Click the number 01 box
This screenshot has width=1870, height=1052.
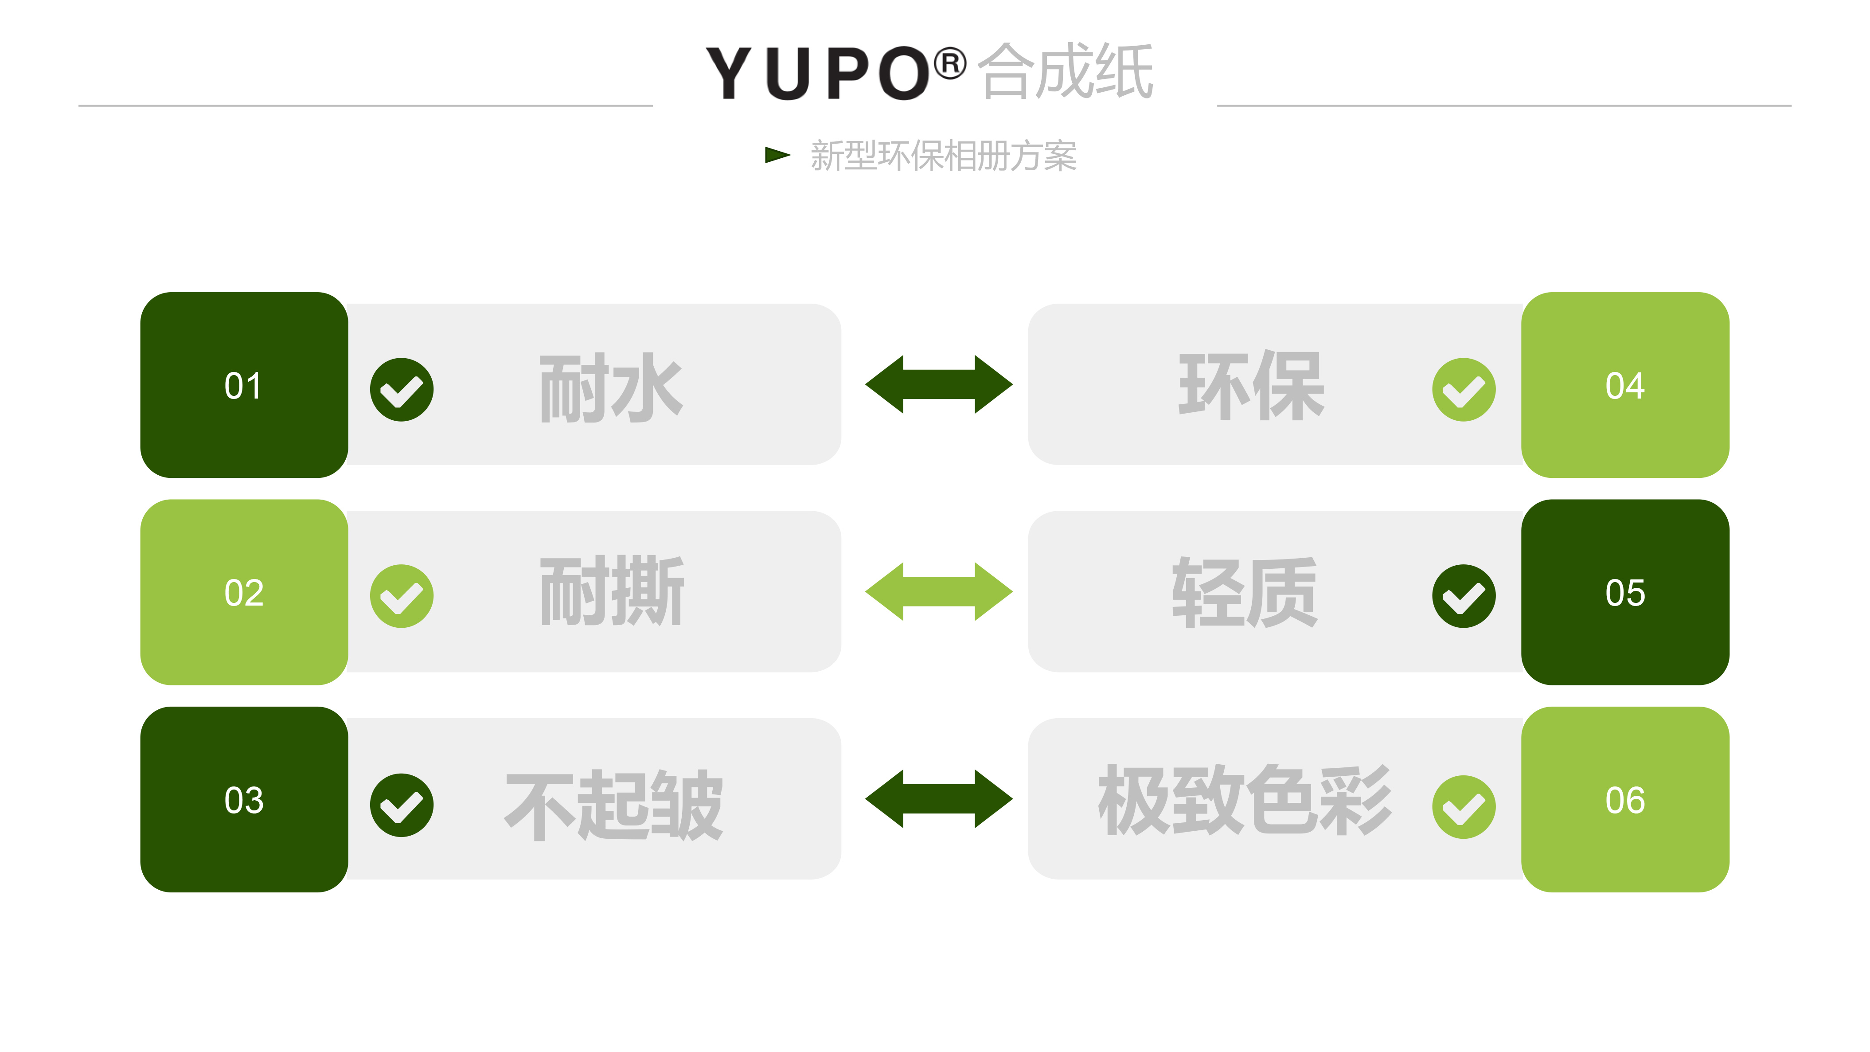pos(244,385)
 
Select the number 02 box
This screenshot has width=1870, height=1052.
pos(244,592)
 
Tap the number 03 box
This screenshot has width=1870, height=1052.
pos(244,799)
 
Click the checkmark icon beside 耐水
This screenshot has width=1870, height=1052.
pos(402,389)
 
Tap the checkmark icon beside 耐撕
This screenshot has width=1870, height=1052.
pos(402,596)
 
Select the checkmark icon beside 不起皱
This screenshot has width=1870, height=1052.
pos(402,805)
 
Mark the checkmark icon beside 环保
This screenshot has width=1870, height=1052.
pos(1464,389)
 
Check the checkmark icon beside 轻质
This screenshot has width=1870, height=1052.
pos(1464,596)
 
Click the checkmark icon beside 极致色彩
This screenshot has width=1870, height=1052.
pos(1464,806)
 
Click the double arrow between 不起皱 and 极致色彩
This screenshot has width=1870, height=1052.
pos(939,798)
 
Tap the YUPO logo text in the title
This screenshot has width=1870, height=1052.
pos(817,73)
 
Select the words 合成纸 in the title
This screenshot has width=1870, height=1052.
pos(1066,70)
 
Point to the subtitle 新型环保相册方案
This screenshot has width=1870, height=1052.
pos(943,155)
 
